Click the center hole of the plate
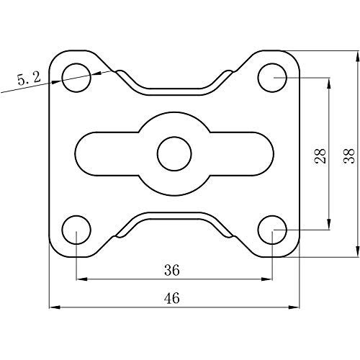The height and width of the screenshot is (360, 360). (174, 153)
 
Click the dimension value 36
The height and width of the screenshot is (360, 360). (172, 271)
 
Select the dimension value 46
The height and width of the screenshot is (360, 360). (172, 297)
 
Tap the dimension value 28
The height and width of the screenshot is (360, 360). (320, 156)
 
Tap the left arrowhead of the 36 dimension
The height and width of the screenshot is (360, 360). (80, 279)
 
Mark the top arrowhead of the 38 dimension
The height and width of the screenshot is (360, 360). (358, 54)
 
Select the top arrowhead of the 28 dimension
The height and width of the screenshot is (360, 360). (330, 81)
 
